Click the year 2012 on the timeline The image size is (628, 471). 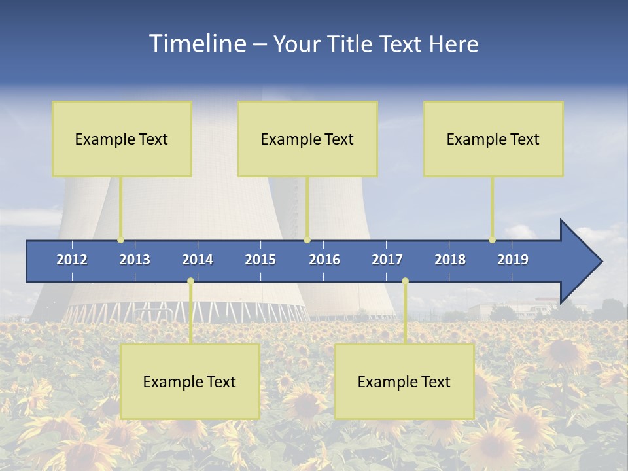pos(72,260)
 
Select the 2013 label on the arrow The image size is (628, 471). pos(135,260)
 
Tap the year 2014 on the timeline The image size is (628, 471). pos(198,260)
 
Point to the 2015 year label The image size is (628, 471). pos(260,260)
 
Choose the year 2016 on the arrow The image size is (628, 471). pos(324,260)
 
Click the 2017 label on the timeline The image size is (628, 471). pos(387,260)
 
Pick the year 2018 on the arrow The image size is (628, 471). pos(450,260)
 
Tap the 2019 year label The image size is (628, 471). pos(513,260)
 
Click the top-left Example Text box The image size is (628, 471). pos(122,139)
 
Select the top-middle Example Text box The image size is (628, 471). pos(307,139)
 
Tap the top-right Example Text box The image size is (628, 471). pos(493,139)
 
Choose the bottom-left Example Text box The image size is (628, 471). pos(190,381)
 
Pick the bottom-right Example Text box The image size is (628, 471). pos(404,381)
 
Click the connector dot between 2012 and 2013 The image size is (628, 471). pos(121,240)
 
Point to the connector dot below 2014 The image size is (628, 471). pos(190,281)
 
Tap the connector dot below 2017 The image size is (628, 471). pos(405,281)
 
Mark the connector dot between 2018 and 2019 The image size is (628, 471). pos(493,240)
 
